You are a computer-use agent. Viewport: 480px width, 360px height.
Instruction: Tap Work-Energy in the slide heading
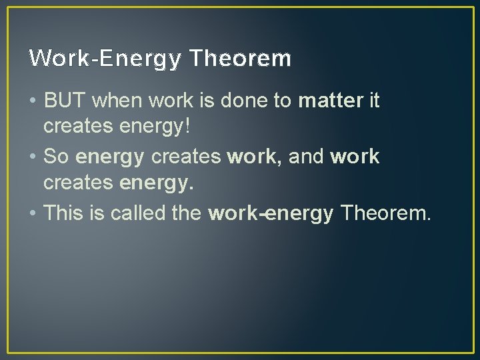(x=105, y=59)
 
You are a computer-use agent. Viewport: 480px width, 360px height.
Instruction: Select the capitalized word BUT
(x=65, y=101)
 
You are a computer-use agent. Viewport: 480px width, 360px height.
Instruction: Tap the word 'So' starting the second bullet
(x=56, y=157)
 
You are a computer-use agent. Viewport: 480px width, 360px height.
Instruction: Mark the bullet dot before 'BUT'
(x=33, y=102)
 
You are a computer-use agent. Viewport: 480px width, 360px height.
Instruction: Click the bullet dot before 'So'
(x=33, y=158)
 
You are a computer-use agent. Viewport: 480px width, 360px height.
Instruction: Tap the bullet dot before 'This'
(x=33, y=214)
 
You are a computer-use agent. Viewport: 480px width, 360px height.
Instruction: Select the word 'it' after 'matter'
(x=374, y=101)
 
